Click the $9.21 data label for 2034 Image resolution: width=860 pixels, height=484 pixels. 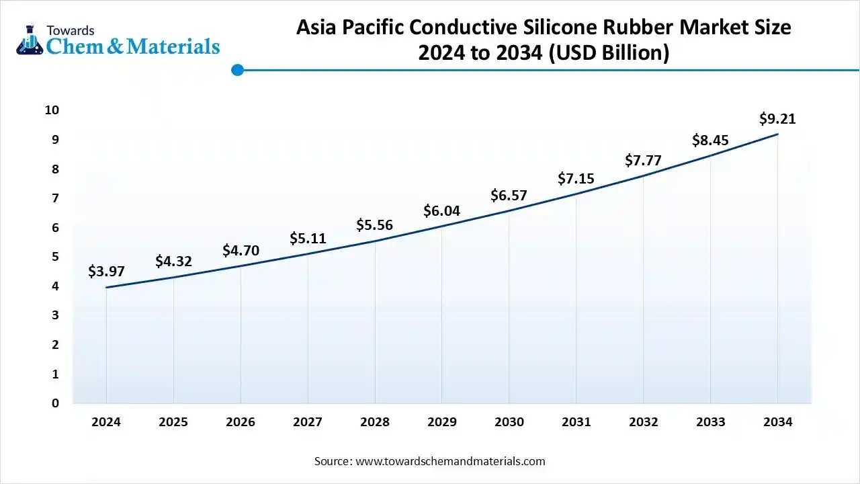pyautogui.click(x=777, y=119)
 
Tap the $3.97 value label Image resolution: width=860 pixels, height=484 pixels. pyautogui.click(x=106, y=272)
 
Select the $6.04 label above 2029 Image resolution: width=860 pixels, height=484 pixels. pyautogui.click(x=441, y=211)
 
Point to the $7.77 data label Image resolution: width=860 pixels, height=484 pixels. pyautogui.click(x=643, y=161)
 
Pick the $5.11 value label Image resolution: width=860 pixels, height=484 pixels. pyautogui.click(x=308, y=238)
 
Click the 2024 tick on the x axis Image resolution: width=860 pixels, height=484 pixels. pyautogui.click(x=106, y=422)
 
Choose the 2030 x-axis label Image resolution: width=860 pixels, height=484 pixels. pyautogui.click(x=509, y=422)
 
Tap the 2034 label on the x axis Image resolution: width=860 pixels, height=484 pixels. pyautogui.click(x=777, y=422)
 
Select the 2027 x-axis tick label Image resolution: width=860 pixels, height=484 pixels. pyautogui.click(x=308, y=422)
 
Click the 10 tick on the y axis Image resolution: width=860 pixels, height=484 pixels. pyautogui.click(x=52, y=110)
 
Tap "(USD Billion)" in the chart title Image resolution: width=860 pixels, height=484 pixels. pyautogui.click(x=609, y=53)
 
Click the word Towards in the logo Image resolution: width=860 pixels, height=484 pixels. pyautogui.click(x=70, y=30)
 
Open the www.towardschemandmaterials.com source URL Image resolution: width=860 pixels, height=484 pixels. pyautogui.click(x=449, y=461)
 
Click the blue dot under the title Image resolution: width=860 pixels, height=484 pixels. pyautogui.click(x=237, y=70)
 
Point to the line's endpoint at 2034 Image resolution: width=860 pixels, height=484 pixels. pyautogui.click(x=777, y=134)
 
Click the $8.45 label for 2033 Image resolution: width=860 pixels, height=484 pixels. pyautogui.click(x=710, y=140)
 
